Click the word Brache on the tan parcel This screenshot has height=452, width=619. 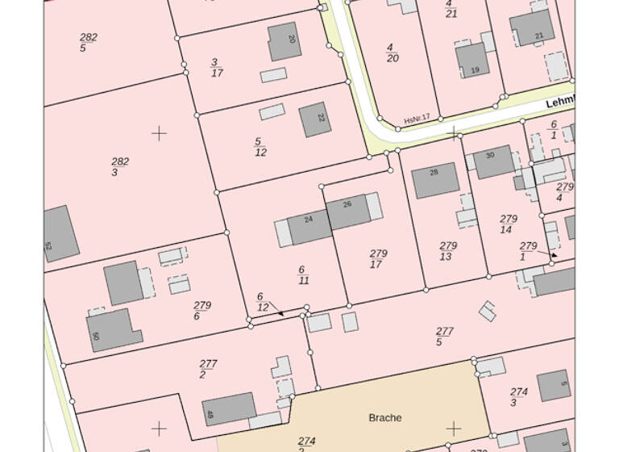384,417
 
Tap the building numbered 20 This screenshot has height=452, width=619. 285,42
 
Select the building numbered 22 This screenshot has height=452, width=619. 315,119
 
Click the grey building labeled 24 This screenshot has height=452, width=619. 309,226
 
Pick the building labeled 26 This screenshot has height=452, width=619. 347,211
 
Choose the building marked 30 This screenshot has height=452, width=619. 492,162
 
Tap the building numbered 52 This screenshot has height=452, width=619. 60,234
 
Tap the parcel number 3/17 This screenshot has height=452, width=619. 216,68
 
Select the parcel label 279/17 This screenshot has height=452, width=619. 377,258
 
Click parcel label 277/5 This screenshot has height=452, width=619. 444,337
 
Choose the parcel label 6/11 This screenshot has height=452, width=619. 303,274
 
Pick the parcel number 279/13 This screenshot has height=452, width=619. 447,251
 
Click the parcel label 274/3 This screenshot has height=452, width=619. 518,397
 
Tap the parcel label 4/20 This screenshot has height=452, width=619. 392,52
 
